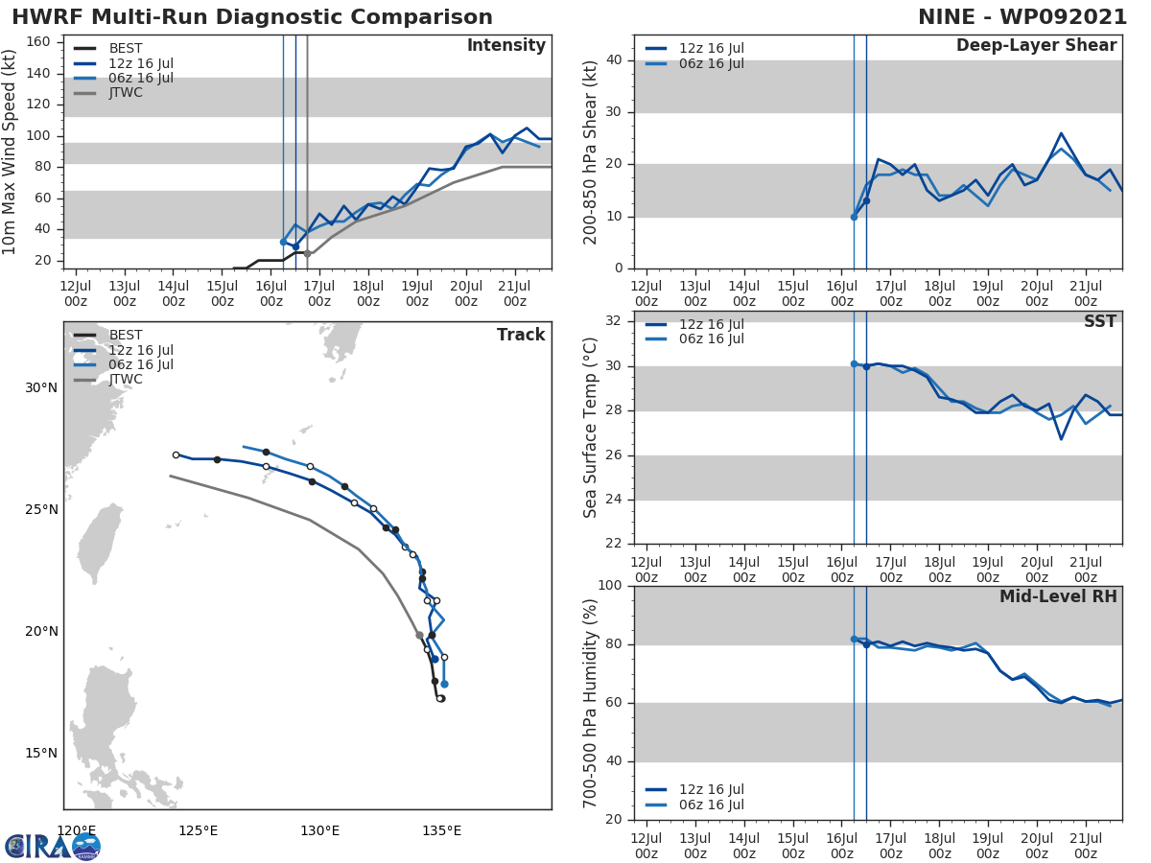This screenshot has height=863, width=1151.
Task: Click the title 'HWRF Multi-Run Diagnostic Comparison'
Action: tap(252, 17)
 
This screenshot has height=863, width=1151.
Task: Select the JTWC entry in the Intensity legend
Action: tap(125, 93)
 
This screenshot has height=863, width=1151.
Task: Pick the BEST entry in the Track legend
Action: tap(125, 336)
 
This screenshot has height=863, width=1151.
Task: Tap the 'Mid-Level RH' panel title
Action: tap(1058, 596)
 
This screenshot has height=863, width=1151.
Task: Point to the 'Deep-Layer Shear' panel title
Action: tap(1036, 46)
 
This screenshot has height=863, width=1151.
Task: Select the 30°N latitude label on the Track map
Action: tap(41, 388)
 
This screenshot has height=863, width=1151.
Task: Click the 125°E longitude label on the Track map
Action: tap(198, 830)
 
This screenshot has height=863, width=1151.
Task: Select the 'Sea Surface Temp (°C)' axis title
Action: tap(591, 428)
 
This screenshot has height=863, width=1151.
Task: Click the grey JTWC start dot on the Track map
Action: tap(419, 635)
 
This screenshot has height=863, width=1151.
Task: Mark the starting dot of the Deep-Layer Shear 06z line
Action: tap(854, 217)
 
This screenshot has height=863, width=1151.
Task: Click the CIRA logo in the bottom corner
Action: tap(53, 846)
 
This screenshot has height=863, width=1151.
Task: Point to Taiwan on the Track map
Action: tap(99, 542)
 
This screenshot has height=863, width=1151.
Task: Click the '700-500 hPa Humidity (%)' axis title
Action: tap(591, 703)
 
